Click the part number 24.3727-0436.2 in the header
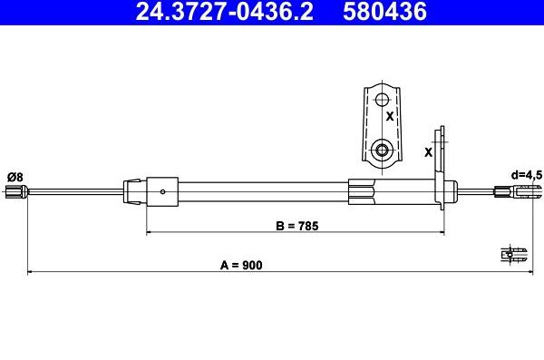[x=225, y=11]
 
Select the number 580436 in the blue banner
[x=384, y=11]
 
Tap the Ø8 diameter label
[x=15, y=177]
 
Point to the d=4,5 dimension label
[x=527, y=175]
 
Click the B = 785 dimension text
[x=297, y=226]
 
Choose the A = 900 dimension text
[x=241, y=265]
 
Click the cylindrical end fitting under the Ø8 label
[x=16, y=192]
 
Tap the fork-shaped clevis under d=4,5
[x=518, y=191]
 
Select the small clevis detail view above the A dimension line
[x=514, y=255]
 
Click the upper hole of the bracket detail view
[x=382, y=100]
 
